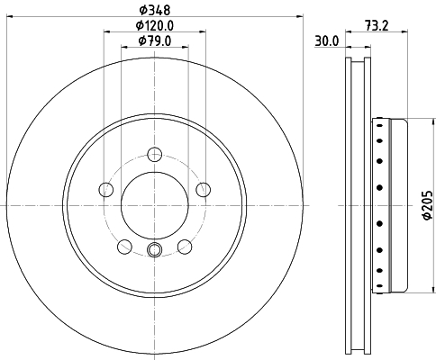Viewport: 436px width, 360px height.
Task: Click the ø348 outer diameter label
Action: point(155,10)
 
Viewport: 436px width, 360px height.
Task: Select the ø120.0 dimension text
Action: point(155,25)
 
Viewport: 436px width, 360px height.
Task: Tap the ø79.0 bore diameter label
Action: point(155,40)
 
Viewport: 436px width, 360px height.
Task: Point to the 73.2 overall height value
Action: point(377,25)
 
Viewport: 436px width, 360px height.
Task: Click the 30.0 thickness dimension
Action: point(327,40)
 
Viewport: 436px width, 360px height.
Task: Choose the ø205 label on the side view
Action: point(428,205)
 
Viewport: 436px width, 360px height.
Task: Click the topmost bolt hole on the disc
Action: point(155,155)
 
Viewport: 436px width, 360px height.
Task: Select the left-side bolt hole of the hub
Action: point(106,189)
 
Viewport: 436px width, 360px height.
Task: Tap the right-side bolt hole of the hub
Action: point(204,189)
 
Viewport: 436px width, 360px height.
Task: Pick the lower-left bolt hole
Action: point(124,247)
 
